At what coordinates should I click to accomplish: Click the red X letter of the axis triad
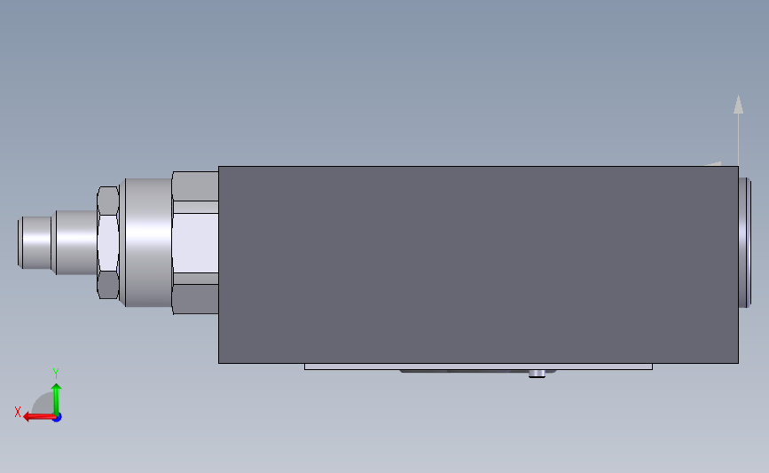pyautogui.click(x=18, y=412)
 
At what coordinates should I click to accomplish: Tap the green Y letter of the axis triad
pyautogui.click(x=56, y=374)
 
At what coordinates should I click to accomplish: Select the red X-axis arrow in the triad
pyautogui.click(x=40, y=417)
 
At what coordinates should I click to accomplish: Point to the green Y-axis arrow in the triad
pyautogui.click(x=57, y=400)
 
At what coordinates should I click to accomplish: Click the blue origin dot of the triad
pyautogui.click(x=58, y=418)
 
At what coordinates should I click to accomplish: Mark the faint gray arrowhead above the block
pyautogui.click(x=738, y=105)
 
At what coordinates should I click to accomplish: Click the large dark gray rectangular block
pyautogui.click(x=478, y=265)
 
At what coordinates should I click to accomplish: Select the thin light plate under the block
pyautogui.click(x=478, y=367)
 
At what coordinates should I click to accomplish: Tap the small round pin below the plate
pyautogui.click(x=537, y=374)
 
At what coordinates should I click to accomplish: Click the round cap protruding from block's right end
pyautogui.click(x=744, y=242)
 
